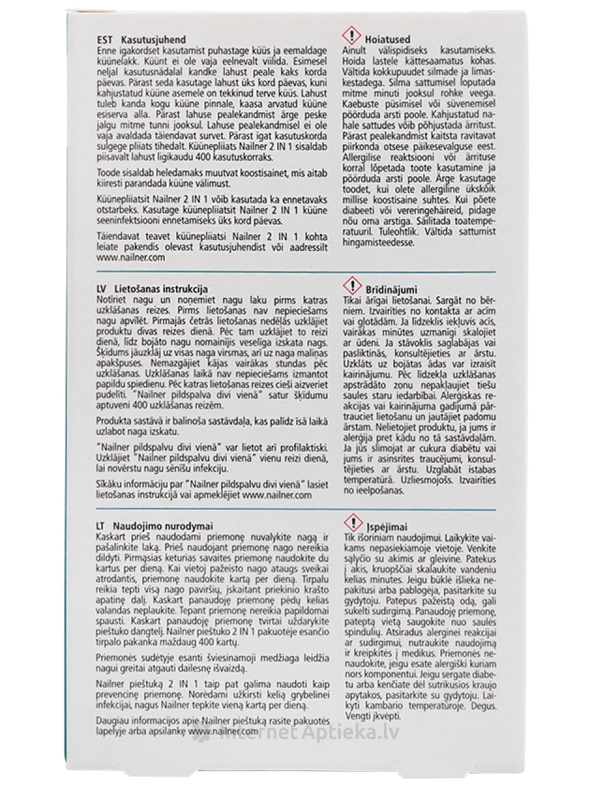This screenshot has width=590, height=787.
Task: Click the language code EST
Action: (x=105, y=40)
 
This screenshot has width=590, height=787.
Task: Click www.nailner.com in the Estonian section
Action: (x=132, y=257)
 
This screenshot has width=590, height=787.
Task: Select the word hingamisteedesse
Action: (x=378, y=242)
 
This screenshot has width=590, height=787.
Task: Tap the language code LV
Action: (x=104, y=289)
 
